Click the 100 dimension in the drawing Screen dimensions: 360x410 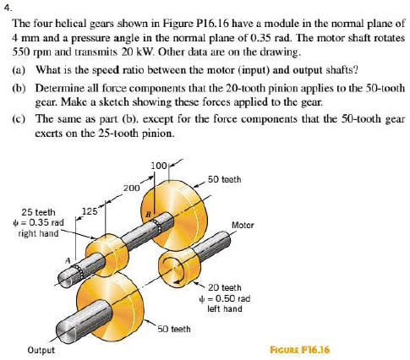coord(160,162)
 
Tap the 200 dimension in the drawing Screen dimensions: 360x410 coord(130,186)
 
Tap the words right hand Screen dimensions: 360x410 coord(38,233)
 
